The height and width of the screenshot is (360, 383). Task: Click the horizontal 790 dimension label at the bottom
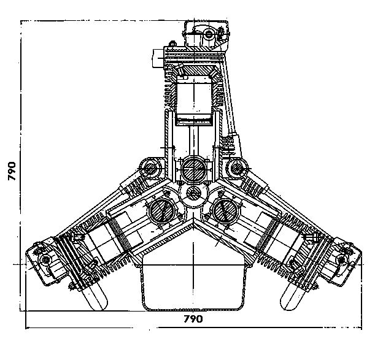pos(194,320)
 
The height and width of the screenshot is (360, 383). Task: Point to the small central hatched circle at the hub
pos(193,196)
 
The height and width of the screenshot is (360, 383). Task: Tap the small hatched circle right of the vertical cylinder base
pos(236,166)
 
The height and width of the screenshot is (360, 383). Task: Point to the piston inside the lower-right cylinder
pos(284,239)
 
